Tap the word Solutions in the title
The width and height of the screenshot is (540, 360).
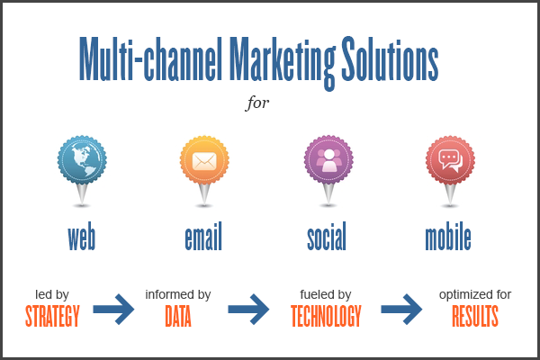(x=390, y=58)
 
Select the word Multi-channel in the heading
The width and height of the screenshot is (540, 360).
(x=150, y=58)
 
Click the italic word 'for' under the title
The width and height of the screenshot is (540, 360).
(x=257, y=103)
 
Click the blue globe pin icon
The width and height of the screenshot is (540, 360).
(x=82, y=171)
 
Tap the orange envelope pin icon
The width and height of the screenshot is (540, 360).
(x=204, y=171)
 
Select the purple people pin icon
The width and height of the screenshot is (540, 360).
(x=328, y=171)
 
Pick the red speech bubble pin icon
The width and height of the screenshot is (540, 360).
(x=450, y=171)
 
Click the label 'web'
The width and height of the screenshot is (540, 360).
(x=82, y=237)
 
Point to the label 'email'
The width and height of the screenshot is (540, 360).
(x=203, y=236)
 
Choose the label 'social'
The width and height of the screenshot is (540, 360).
(x=327, y=236)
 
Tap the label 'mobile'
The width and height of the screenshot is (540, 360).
(x=448, y=236)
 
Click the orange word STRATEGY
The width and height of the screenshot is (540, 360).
(x=52, y=316)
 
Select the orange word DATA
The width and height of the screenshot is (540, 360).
(x=178, y=316)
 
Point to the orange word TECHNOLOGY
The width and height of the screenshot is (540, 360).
(x=326, y=316)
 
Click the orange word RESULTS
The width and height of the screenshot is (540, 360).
(x=475, y=316)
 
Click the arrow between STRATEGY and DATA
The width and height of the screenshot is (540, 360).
(x=113, y=310)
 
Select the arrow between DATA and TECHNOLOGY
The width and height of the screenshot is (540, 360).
(x=248, y=310)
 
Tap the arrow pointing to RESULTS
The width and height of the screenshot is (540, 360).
(x=401, y=310)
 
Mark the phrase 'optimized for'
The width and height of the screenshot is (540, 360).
(x=475, y=295)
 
